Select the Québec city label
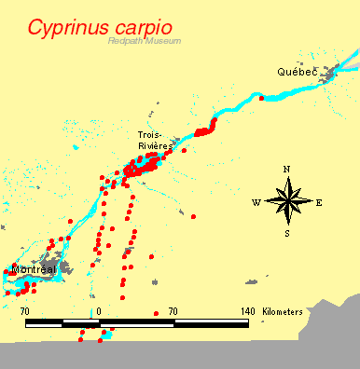click(297, 72)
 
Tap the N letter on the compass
click(287, 169)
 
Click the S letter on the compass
click(287, 233)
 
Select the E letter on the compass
click(319, 201)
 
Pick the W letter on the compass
click(255, 201)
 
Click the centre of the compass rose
click(287, 200)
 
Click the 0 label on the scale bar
click(100, 310)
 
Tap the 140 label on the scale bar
click(247, 310)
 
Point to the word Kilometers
click(283, 310)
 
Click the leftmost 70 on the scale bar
click(25, 310)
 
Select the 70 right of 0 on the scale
click(173, 310)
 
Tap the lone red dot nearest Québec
click(262, 97)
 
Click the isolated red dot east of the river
click(193, 216)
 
